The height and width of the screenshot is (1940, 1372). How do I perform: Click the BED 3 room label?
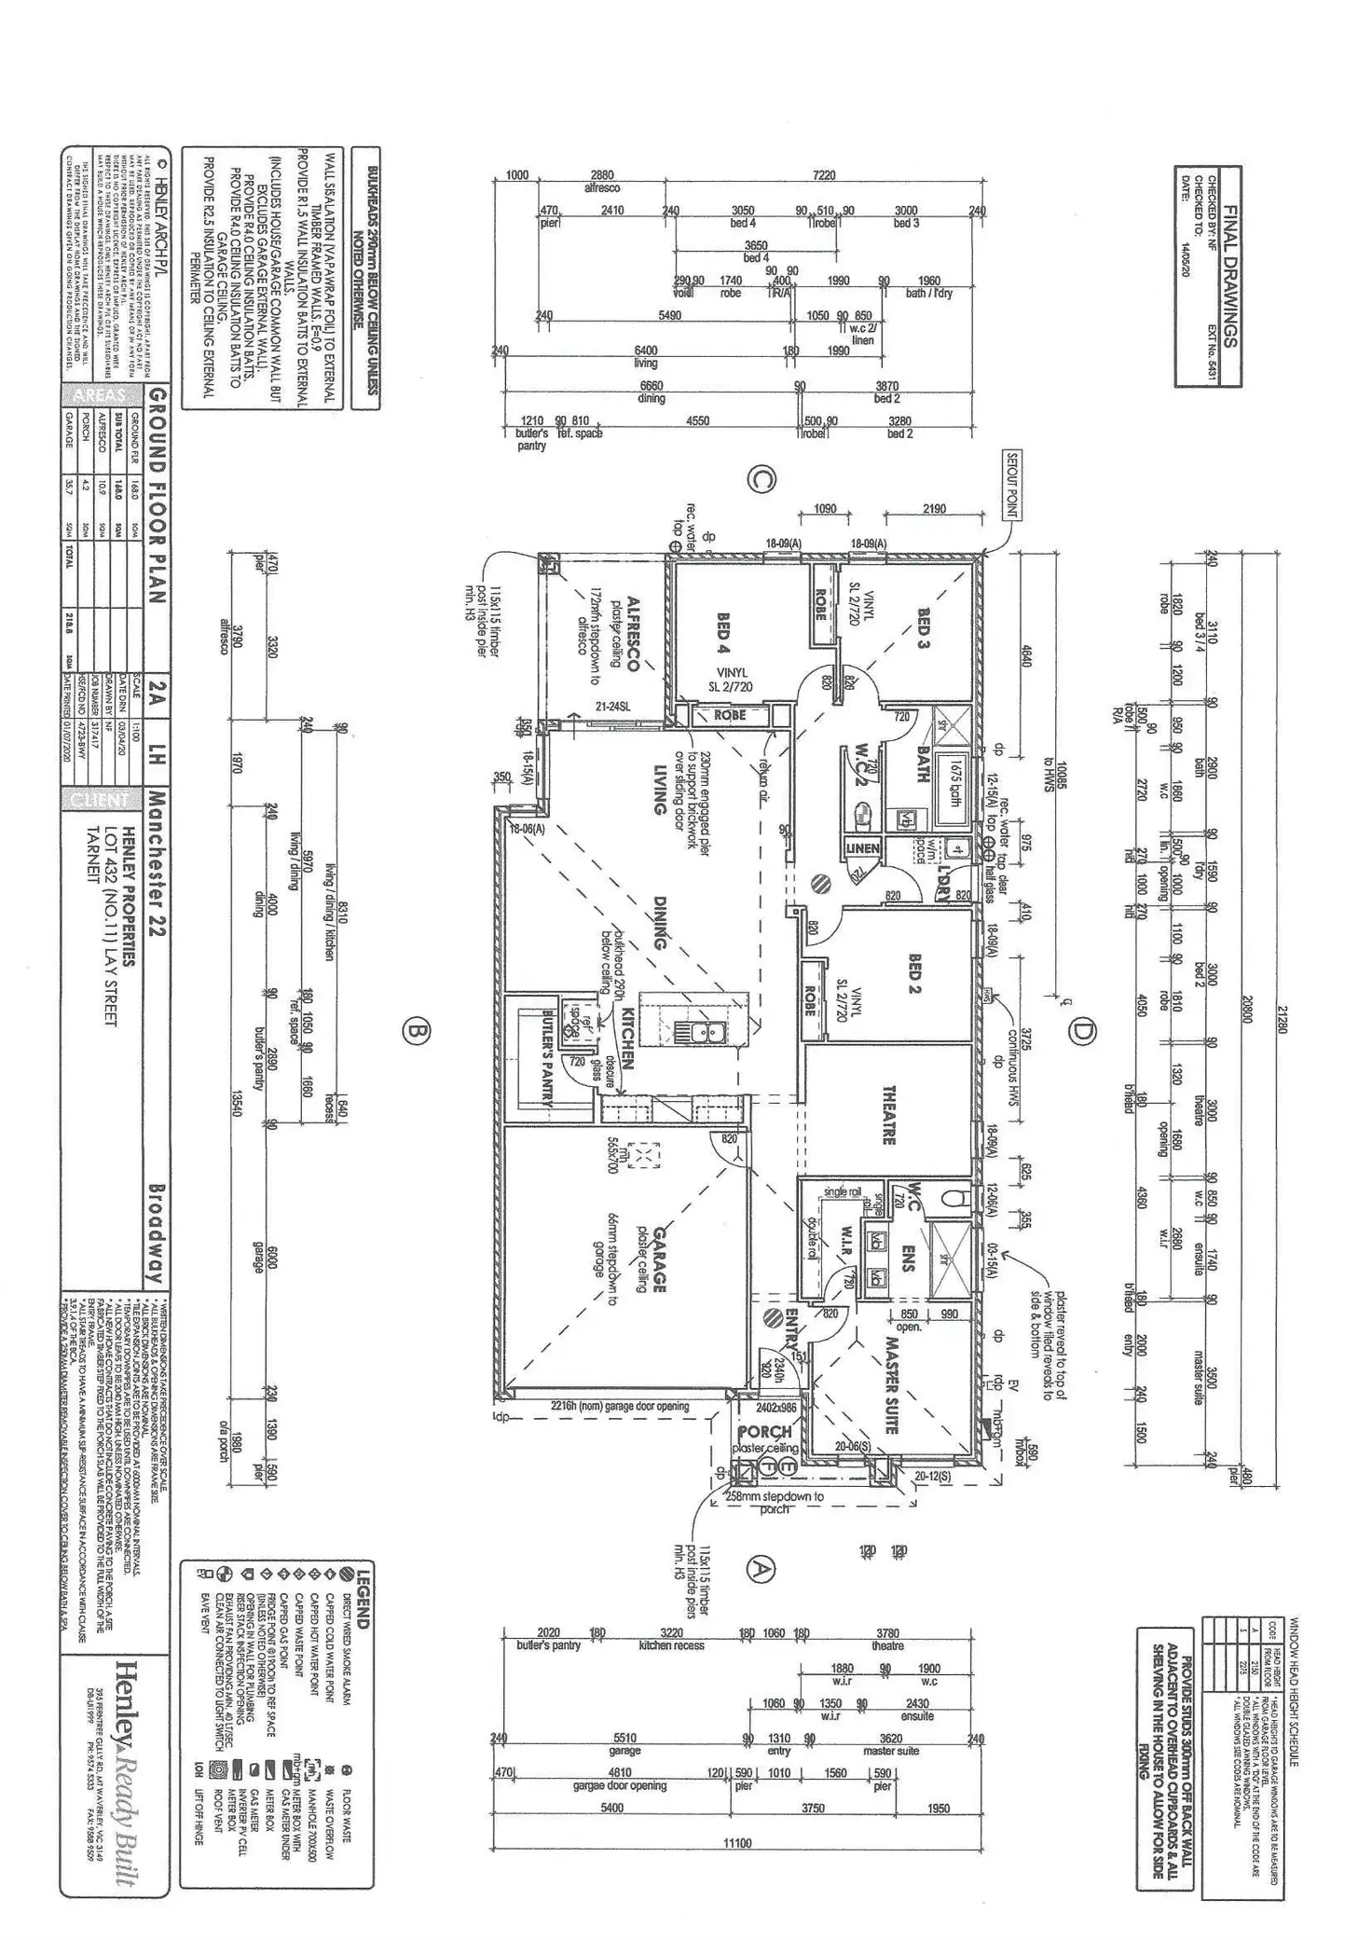click(924, 629)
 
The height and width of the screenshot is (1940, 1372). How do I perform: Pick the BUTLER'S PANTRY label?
click(549, 1056)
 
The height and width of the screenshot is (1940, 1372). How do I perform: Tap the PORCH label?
click(764, 1431)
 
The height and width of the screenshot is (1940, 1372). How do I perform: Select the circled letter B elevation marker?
click(416, 1031)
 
